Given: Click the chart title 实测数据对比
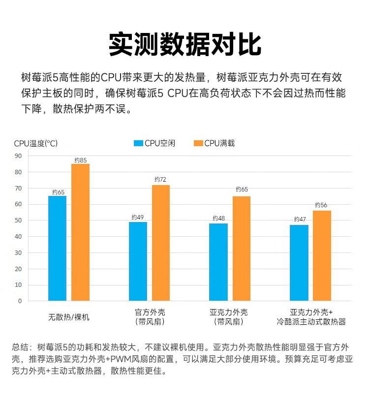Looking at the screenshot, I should pos(184,44).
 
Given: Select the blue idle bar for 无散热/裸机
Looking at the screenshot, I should pos(57,248).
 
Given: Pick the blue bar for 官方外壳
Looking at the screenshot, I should pos(138,261).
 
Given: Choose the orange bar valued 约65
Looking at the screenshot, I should pos(242,249).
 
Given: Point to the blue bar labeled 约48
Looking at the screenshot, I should pos(218,262).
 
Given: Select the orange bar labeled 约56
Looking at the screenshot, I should pos(322,255).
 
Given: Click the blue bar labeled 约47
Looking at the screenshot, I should pos(299,263).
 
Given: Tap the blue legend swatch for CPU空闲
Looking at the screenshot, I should pos(138,143).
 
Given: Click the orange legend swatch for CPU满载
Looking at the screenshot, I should pos(198,143).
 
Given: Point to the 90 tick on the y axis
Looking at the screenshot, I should pos(19,156).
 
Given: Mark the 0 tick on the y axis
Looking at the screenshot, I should pos(20,301).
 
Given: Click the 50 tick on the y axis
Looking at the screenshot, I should pos(19,220).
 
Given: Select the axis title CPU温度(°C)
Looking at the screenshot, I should pos(35,144).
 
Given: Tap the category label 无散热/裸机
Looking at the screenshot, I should pos(69,317).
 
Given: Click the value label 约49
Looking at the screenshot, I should pos(138,217).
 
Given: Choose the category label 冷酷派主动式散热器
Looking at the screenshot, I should pos(311,322).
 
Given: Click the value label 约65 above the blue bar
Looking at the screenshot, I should pos(58,192).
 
